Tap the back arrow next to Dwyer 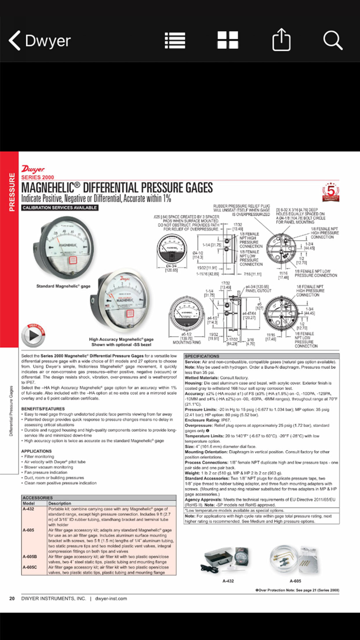tap(15, 41)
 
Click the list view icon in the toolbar tap(175, 41)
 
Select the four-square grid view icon tap(227, 41)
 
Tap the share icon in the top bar tap(281, 41)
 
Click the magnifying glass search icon tap(333, 41)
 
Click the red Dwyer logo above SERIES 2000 tap(33, 169)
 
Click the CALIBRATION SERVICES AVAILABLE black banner tap(60, 208)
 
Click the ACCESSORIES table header tap(38, 497)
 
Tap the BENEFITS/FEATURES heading tap(42, 408)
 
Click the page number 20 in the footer tap(12, 598)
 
